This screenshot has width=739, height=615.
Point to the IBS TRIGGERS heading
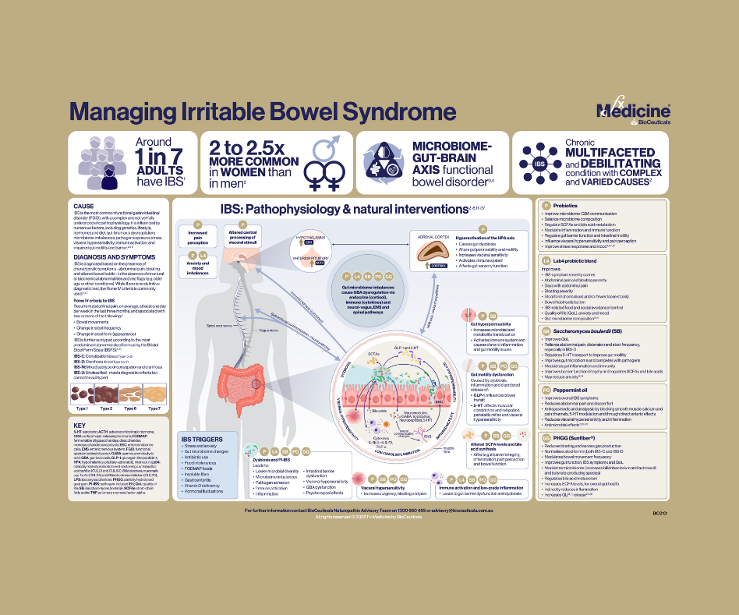[201, 439]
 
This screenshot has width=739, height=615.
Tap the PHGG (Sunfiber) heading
[582, 439]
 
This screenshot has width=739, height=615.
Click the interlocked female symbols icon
[320, 171]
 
